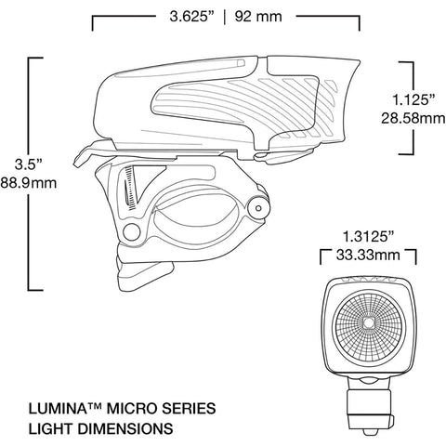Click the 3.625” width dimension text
pyautogui.click(x=192, y=17)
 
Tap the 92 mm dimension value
pyautogui.click(x=258, y=17)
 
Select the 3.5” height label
pyautogui.click(x=29, y=164)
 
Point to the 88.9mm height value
pyautogui.click(x=29, y=183)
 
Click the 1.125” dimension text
pyautogui.click(x=413, y=99)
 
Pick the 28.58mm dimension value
pyautogui.click(x=413, y=118)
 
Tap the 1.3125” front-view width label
pyautogui.click(x=368, y=237)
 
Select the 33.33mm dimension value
pyautogui.click(x=368, y=256)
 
